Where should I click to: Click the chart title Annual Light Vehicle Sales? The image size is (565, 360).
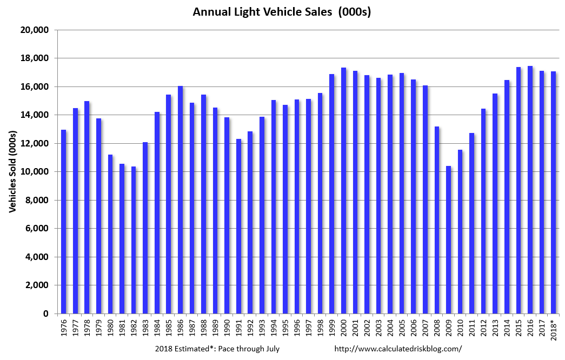click(x=282, y=12)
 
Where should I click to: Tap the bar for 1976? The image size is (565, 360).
click(x=64, y=222)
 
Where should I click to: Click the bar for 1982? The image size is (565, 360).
click(x=134, y=240)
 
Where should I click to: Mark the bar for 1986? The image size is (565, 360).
click(x=181, y=199)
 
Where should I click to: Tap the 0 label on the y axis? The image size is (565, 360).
click(x=46, y=314)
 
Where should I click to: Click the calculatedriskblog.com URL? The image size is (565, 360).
click(x=398, y=349)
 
